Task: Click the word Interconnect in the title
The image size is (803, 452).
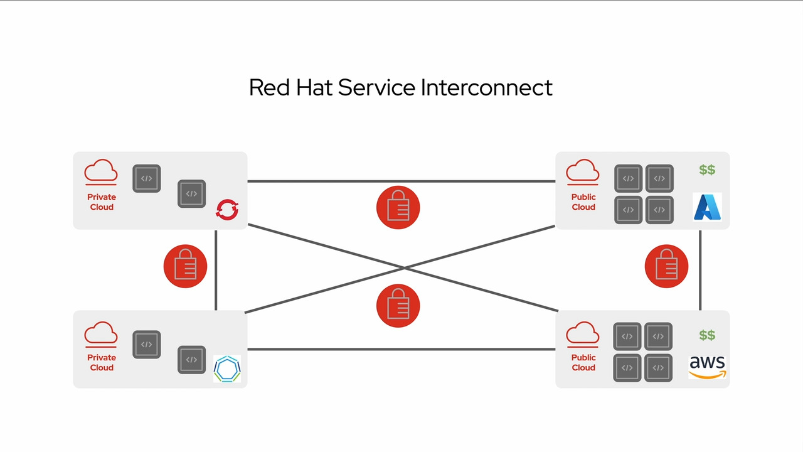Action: (486, 87)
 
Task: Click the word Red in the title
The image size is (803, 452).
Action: (269, 87)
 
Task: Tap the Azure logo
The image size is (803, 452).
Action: (707, 207)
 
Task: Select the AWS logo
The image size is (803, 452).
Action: (707, 367)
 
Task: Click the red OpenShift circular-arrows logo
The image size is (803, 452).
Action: (227, 209)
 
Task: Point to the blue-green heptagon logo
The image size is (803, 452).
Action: (226, 369)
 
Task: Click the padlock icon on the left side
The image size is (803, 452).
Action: (185, 266)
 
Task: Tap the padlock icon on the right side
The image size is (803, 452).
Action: (666, 266)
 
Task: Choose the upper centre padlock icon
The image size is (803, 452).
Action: (398, 207)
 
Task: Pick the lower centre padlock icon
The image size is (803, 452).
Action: (398, 306)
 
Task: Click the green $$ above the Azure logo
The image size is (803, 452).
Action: (707, 170)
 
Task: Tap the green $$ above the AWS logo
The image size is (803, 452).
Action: (707, 335)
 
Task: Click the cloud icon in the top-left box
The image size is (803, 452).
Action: (101, 171)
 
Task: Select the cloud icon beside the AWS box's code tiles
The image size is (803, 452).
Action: (583, 333)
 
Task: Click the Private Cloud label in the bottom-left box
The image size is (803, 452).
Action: (102, 362)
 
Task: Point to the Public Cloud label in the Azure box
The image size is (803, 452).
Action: (583, 202)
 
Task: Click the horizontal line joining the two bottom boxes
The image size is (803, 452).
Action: (401, 350)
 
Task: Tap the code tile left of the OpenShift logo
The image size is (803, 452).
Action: (192, 194)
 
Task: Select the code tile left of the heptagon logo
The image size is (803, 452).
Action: (192, 360)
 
